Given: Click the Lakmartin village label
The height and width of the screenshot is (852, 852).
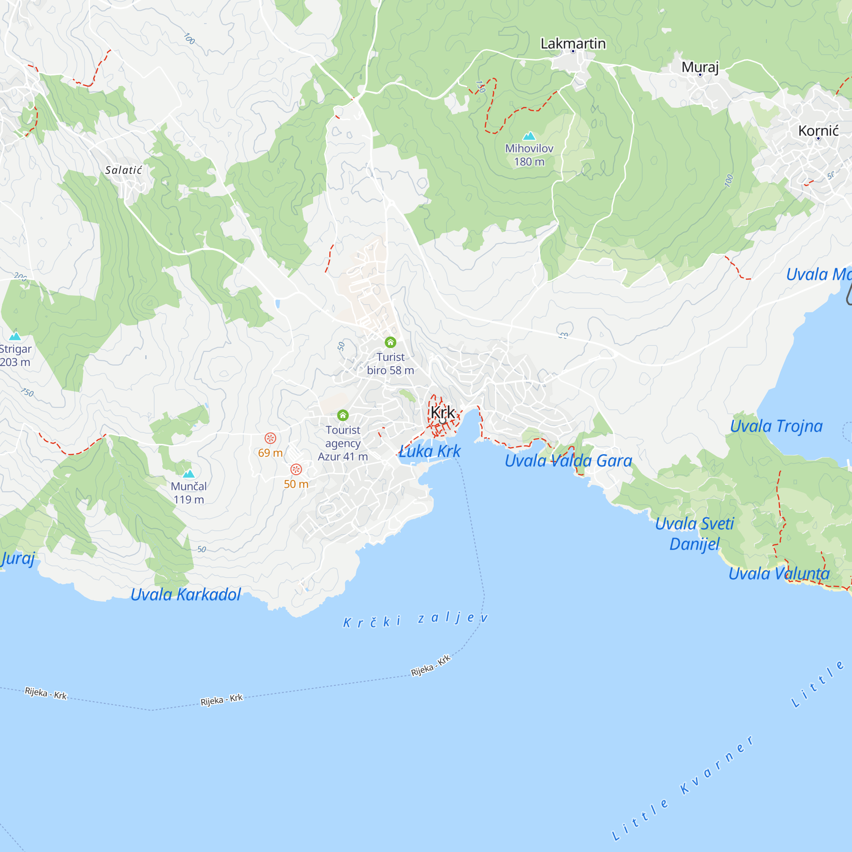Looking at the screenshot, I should pyautogui.click(x=573, y=43).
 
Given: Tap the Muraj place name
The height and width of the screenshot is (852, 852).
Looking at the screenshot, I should pyautogui.click(x=700, y=67).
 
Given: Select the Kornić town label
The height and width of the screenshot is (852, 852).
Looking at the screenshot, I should pyautogui.click(x=818, y=130).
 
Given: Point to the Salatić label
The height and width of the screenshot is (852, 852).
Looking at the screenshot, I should pyautogui.click(x=124, y=170).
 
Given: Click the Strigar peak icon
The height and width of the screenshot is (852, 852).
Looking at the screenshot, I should pyautogui.click(x=15, y=336).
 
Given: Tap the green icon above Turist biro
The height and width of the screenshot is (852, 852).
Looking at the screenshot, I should pyautogui.click(x=390, y=342).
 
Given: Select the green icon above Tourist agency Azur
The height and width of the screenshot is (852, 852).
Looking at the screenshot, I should pyautogui.click(x=343, y=415).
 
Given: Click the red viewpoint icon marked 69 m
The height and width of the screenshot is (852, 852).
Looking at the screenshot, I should pyautogui.click(x=271, y=438).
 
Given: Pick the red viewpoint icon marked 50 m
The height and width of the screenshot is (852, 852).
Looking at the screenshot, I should pyautogui.click(x=296, y=469).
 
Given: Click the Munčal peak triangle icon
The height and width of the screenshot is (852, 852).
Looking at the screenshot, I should pyautogui.click(x=189, y=474).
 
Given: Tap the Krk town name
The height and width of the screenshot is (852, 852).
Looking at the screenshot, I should pyautogui.click(x=442, y=412).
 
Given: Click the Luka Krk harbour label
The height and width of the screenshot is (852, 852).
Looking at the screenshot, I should pyautogui.click(x=429, y=451).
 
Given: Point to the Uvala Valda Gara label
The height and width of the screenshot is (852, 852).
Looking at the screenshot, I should pyautogui.click(x=568, y=461).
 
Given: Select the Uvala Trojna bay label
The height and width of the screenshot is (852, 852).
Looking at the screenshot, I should pyautogui.click(x=776, y=426).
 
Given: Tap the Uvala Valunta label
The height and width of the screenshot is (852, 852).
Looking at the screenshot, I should pyautogui.click(x=779, y=573).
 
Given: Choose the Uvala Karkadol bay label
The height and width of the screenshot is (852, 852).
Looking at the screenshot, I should pyautogui.click(x=186, y=594).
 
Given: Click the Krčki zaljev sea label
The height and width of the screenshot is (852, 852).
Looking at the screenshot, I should pyautogui.click(x=415, y=619).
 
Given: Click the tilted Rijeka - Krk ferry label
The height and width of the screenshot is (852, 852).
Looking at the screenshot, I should pyautogui.click(x=431, y=665).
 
